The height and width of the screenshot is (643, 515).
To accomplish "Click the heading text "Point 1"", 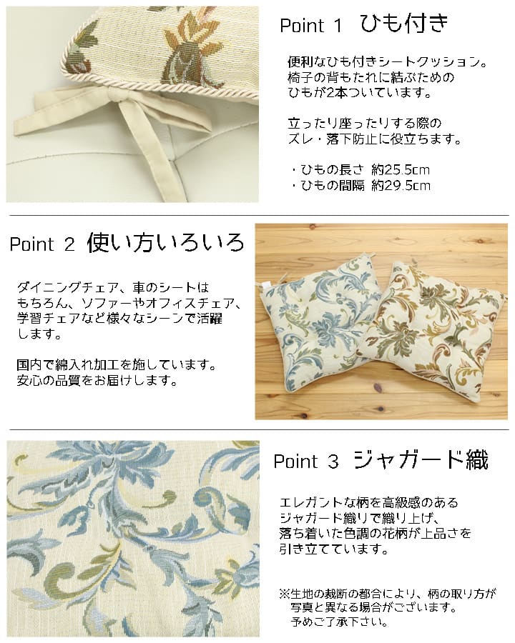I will tap(311, 26).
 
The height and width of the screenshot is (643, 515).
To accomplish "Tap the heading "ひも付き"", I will tap(403, 24).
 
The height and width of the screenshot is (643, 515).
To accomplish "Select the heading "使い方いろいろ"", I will tap(165, 243).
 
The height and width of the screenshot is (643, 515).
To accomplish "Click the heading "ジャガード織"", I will tap(421, 460).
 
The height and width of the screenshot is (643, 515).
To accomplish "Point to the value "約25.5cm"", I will tap(401, 170).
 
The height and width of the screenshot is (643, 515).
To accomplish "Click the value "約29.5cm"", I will tap(401, 186).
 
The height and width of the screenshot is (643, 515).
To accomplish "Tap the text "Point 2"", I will tap(42, 245).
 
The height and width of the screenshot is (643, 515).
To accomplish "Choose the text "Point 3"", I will tap(305, 462).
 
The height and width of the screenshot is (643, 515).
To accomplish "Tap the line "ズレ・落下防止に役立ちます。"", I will tap(374, 139).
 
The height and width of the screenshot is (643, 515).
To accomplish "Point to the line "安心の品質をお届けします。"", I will tap(97, 380).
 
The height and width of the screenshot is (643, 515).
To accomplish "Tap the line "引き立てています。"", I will tap(334, 549).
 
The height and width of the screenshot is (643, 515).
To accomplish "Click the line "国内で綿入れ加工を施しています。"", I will tap(116, 365).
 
